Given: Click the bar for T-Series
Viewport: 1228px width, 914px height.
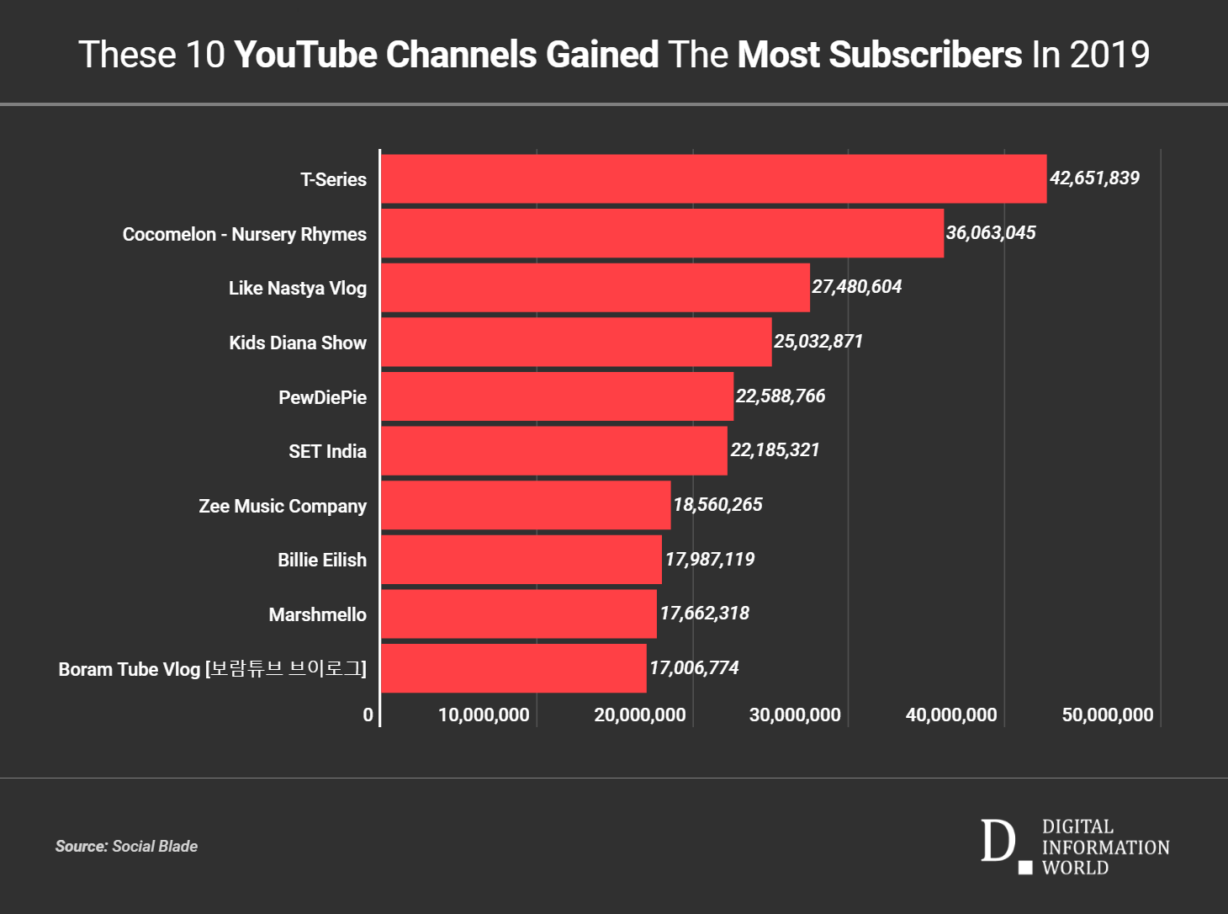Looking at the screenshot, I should [x=713, y=178].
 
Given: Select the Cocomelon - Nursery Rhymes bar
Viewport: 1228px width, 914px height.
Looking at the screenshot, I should [x=662, y=233].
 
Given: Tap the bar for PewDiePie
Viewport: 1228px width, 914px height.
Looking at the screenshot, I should [x=557, y=396].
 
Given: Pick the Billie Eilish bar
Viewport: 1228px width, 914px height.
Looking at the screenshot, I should [x=521, y=560].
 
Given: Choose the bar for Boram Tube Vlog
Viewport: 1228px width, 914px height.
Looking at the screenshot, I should [x=513, y=668].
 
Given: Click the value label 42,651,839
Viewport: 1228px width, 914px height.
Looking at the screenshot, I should [x=1094, y=178].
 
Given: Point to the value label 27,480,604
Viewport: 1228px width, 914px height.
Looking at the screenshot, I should [x=856, y=287].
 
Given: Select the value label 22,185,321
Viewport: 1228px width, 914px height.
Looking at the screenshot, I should [x=775, y=450].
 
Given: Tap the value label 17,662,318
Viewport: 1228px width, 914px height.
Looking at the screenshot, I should [x=704, y=614].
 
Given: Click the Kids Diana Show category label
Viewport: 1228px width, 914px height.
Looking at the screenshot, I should [x=298, y=343].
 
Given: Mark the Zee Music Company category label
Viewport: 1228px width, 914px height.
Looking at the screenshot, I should [x=283, y=506].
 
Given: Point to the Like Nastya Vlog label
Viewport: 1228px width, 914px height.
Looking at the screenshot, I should [x=298, y=288].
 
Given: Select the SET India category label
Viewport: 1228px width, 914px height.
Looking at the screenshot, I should [x=327, y=451].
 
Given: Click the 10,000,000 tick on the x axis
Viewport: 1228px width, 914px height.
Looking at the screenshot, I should [x=484, y=715].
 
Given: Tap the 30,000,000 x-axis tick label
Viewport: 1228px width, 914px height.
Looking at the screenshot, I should [x=795, y=715].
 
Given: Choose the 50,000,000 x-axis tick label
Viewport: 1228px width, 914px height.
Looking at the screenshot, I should [x=1107, y=715].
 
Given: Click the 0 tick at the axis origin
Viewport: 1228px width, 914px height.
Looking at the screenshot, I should [x=368, y=715].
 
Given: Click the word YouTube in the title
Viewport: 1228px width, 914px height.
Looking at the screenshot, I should [x=305, y=55].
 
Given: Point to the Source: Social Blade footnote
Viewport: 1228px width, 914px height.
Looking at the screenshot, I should [x=126, y=847].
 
